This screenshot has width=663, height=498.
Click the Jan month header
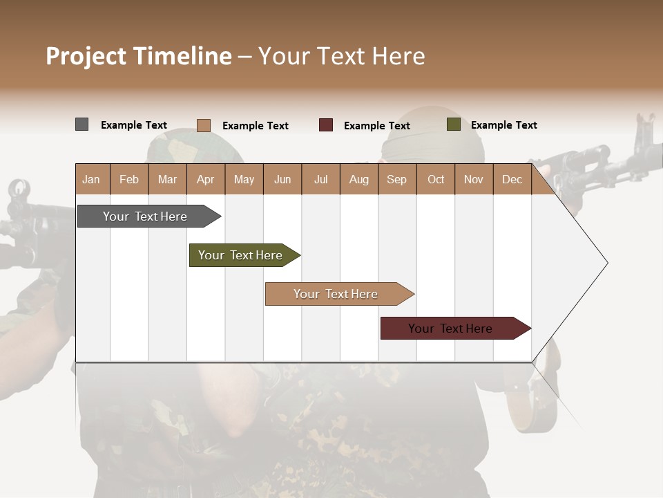(91, 179)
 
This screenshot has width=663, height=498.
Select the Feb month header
(129, 179)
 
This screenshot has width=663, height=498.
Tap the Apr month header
(205, 179)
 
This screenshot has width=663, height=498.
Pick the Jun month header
(282, 179)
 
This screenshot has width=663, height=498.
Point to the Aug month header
(358, 179)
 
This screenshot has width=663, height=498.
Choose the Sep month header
(396, 179)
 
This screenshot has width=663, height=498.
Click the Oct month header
(436, 179)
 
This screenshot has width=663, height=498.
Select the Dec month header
(512, 179)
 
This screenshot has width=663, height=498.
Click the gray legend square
(82, 124)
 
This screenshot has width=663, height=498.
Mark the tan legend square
(204, 125)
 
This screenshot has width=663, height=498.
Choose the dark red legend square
(326, 125)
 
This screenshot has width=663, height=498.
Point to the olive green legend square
(454, 124)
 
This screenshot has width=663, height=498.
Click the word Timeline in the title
(182, 56)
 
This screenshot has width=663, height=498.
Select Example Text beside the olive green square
(503, 125)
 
